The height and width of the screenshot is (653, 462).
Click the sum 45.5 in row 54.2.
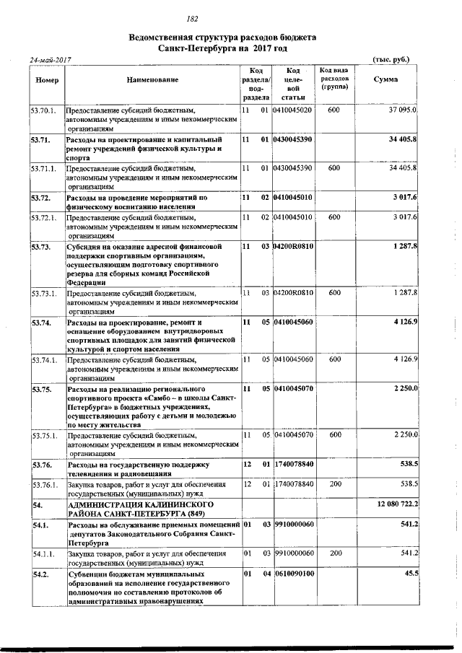[411, 574]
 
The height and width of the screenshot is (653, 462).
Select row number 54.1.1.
[43, 553]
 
